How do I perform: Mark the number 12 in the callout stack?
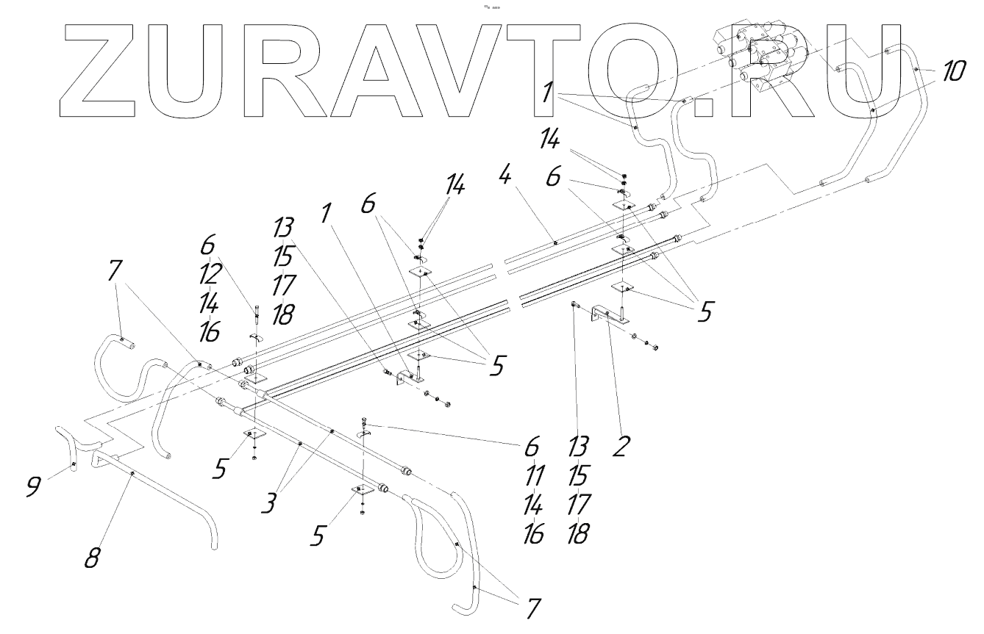coord(209,274)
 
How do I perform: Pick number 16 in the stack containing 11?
coord(533,534)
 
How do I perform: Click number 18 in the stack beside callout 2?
coord(579,534)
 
